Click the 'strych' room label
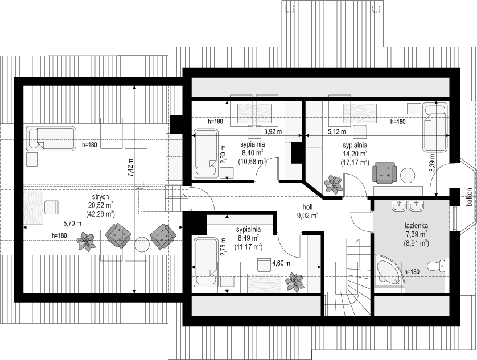click(100, 197)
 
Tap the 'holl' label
click(307, 207)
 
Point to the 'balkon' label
click(470, 197)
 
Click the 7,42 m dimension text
click(130, 168)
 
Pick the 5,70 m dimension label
click(64, 224)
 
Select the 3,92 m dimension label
click(273, 131)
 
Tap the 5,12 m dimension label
click(336, 131)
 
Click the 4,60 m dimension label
click(281, 263)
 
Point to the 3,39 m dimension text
click(432, 163)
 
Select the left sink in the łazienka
click(399, 206)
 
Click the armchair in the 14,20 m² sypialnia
click(385, 173)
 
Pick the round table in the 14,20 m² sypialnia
click(408, 176)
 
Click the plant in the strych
click(86, 241)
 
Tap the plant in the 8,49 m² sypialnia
click(294, 283)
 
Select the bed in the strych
click(51, 139)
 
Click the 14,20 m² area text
click(355, 153)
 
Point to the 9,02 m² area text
click(307, 216)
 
